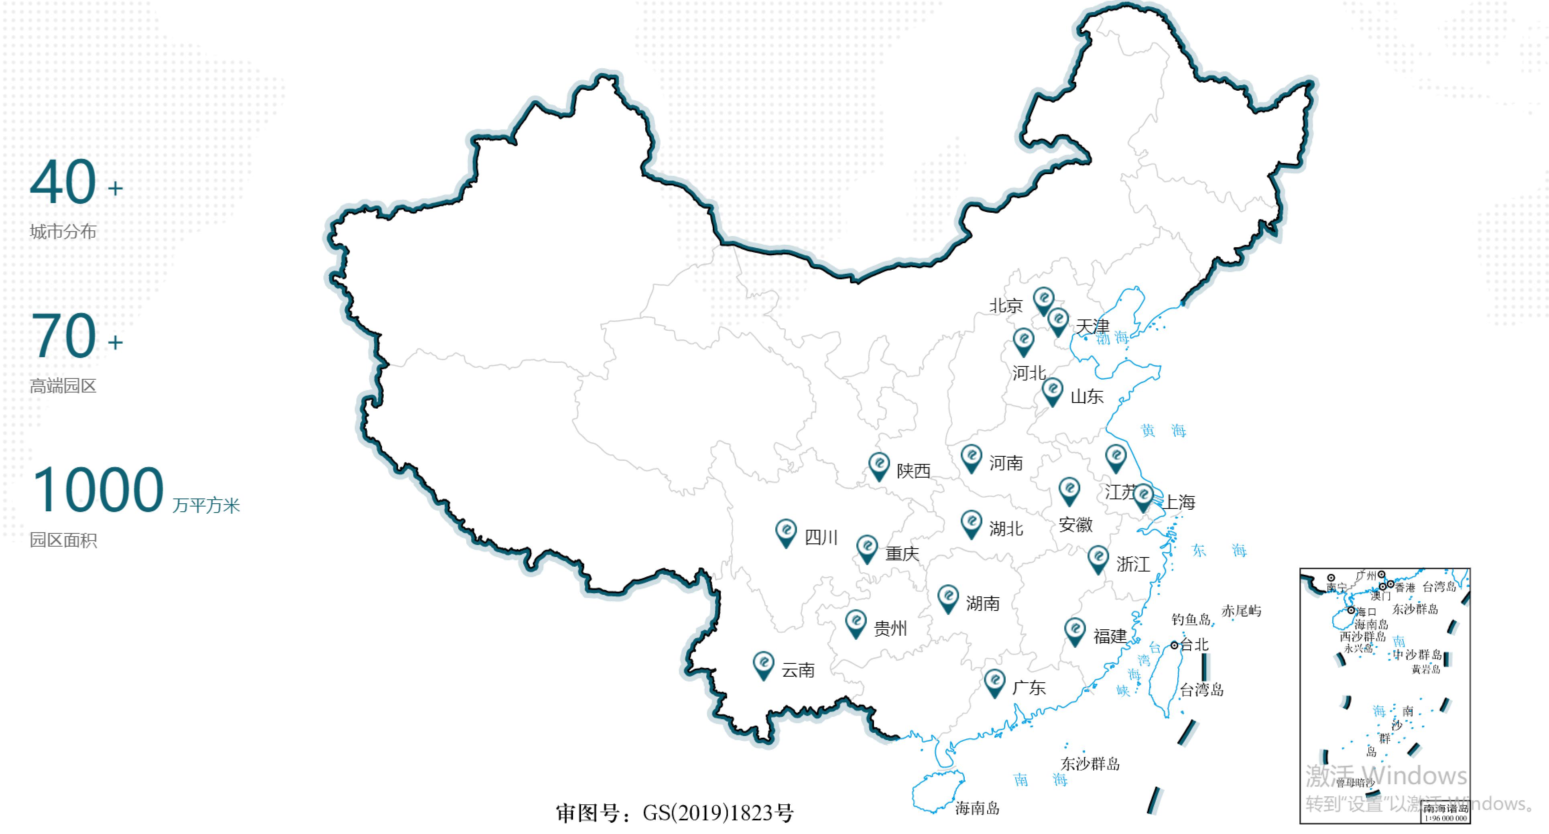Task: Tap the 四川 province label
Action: pos(821,537)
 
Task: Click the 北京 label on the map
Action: pos(1006,305)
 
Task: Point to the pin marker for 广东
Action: pos(994,682)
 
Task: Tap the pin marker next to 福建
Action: pos(1075,631)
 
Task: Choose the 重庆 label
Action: pos(902,553)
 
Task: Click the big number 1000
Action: pos(98,490)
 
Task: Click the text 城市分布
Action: pos(63,232)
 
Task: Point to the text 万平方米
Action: pos(206,505)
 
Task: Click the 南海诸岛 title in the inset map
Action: pos(1445,809)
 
